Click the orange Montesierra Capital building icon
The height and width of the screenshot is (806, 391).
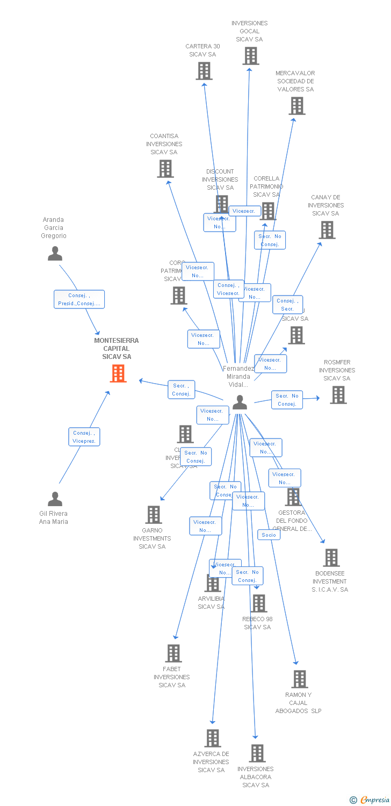tap(118, 373)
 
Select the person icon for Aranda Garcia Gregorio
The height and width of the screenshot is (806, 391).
tap(55, 253)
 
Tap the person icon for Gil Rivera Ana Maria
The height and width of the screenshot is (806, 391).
tap(55, 499)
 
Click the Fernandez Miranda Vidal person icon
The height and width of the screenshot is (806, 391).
tap(240, 402)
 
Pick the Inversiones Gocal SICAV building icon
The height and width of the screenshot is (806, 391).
tap(250, 56)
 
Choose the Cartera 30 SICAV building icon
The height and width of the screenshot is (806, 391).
tap(204, 71)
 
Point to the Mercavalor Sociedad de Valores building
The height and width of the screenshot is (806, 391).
tap(296, 106)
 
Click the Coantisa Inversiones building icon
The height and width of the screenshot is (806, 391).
tap(165, 169)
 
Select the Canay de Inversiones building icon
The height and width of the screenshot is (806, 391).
tap(327, 230)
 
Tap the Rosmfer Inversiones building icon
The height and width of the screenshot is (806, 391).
tap(338, 395)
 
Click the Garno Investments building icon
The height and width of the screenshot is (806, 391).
tap(154, 515)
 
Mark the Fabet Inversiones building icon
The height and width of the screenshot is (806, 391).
tap(173, 653)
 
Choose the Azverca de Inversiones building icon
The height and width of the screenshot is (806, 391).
tap(212, 738)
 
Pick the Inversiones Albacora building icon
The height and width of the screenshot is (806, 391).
tap(257, 753)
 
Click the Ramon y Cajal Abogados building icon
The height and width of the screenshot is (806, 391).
tap(299, 679)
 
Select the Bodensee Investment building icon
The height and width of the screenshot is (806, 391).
tap(331, 558)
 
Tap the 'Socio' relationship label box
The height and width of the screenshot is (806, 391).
tap(269, 535)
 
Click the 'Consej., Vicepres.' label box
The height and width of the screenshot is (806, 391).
tap(84, 437)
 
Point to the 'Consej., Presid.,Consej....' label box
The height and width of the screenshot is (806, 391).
tap(79, 299)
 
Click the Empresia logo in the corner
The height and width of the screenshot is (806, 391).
tap(370, 800)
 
